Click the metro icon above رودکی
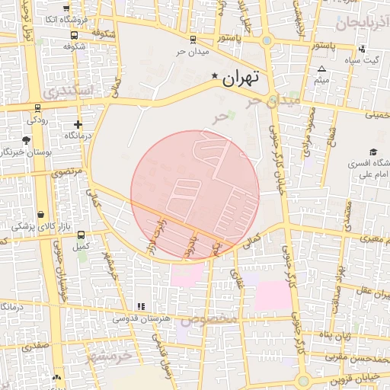click(37, 107)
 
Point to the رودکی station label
click(37, 120)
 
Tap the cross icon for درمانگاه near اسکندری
click(78, 124)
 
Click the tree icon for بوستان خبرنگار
click(27, 140)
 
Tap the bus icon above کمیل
click(81, 235)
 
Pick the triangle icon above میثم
click(322, 69)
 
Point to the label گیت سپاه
click(360, 60)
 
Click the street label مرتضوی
click(66, 172)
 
